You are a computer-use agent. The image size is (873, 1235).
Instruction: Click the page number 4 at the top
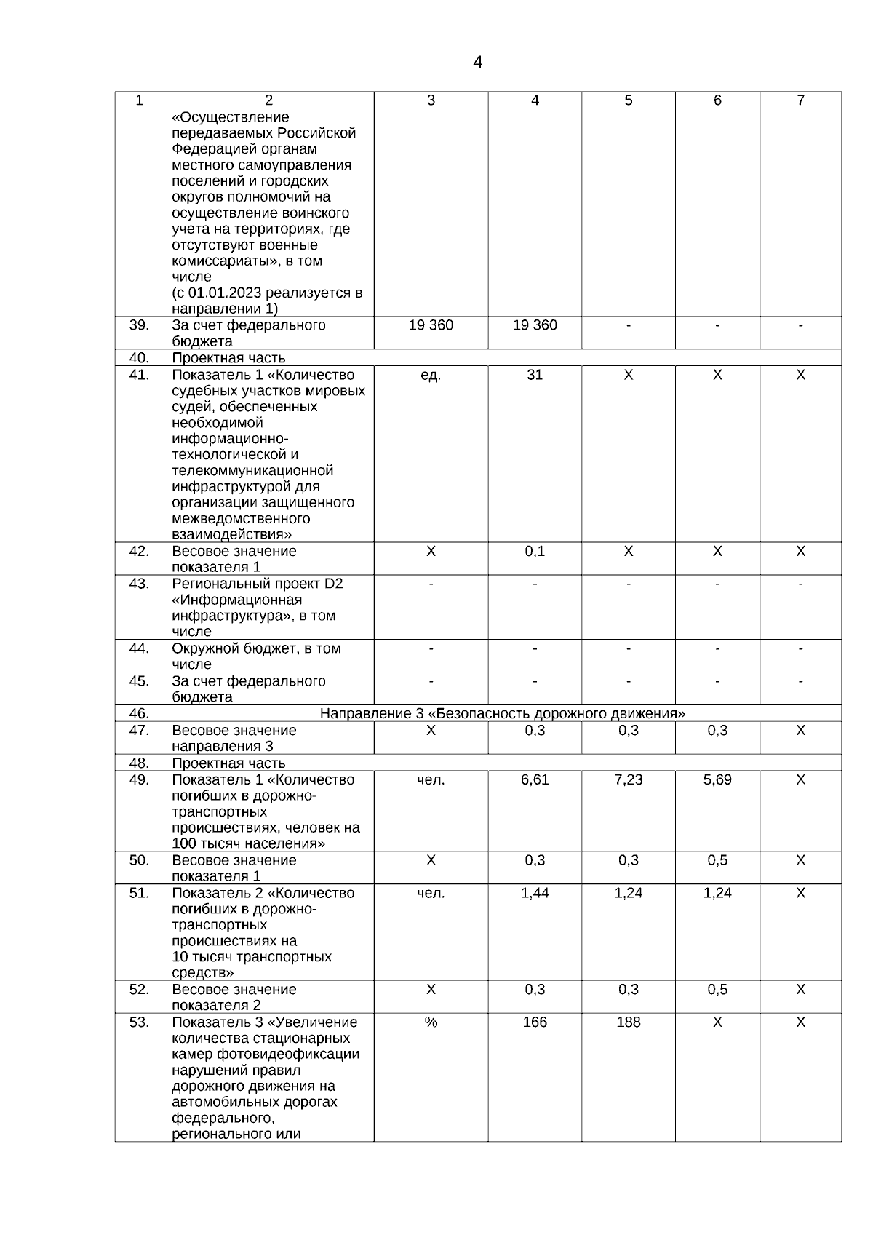click(477, 63)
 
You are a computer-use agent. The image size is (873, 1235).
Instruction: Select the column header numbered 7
click(800, 100)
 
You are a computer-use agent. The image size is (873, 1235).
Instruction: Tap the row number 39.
click(139, 325)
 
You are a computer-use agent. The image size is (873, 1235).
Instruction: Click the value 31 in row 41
click(535, 375)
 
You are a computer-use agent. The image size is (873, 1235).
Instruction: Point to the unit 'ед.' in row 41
click(431, 375)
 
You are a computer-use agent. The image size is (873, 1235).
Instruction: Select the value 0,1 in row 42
click(535, 552)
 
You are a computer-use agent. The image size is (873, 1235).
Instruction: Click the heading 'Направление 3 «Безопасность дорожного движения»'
click(503, 713)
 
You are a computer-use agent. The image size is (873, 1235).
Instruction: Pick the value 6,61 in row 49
click(535, 780)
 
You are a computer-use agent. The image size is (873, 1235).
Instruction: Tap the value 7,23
click(629, 780)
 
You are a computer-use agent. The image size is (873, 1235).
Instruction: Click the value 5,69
click(717, 780)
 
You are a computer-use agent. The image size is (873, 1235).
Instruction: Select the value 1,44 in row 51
click(535, 893)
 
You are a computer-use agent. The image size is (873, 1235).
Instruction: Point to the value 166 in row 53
click(535, 1022)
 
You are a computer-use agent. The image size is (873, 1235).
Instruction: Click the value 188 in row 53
click(629, 1022)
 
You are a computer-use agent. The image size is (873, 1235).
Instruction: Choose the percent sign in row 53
click(431, 1022)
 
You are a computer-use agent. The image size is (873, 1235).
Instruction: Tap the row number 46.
click(139, 713)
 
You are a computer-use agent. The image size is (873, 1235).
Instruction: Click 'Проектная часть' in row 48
click(228, 763)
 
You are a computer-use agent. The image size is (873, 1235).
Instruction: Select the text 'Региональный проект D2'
click(258, 584)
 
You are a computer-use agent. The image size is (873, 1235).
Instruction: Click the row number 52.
click(139, 990)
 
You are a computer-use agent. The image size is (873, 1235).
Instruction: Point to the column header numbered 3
click(431, 100)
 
